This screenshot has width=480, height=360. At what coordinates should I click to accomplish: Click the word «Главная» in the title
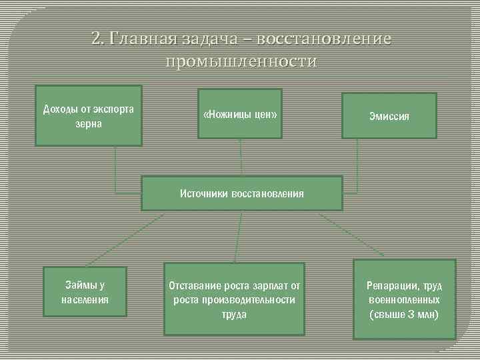[x=142, y=39]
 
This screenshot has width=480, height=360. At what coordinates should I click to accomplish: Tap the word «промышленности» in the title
[x=241, y=62]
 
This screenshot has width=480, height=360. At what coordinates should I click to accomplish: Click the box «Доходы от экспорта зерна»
[x=88, y=115]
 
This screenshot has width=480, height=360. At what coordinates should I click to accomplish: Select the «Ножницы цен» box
[x=239, y=114]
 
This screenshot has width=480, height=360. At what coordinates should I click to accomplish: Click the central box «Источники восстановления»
[x=241, y=193]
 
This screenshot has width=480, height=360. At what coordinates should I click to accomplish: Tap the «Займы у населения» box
[x=85, y=293]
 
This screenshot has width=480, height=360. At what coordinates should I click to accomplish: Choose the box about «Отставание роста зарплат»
[x=234, y=299]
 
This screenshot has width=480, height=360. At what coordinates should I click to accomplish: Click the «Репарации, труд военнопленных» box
[x=404, y=299]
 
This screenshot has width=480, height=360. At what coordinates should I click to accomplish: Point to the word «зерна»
[x=88, y=124]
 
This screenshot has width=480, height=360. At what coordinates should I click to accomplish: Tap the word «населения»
[x=85, y=299]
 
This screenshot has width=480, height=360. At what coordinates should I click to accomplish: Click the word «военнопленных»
[x=404, y=300]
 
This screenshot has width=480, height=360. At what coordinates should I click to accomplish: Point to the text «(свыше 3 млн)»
[x=404, y=314]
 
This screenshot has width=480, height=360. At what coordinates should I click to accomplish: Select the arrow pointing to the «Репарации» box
[x=350, y=234]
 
